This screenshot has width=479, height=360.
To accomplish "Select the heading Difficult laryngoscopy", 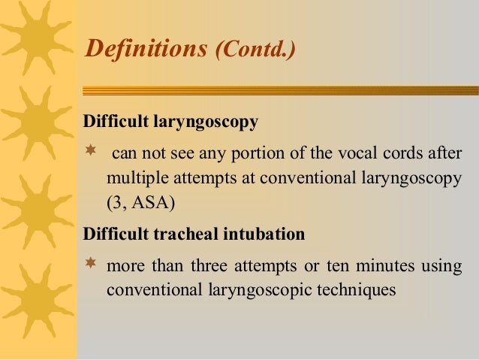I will (170, 121).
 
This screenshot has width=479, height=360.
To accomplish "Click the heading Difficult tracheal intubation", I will (194, 234).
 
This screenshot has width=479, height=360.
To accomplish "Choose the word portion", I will (239, 155).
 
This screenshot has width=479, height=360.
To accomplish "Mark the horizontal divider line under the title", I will (278, 90).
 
